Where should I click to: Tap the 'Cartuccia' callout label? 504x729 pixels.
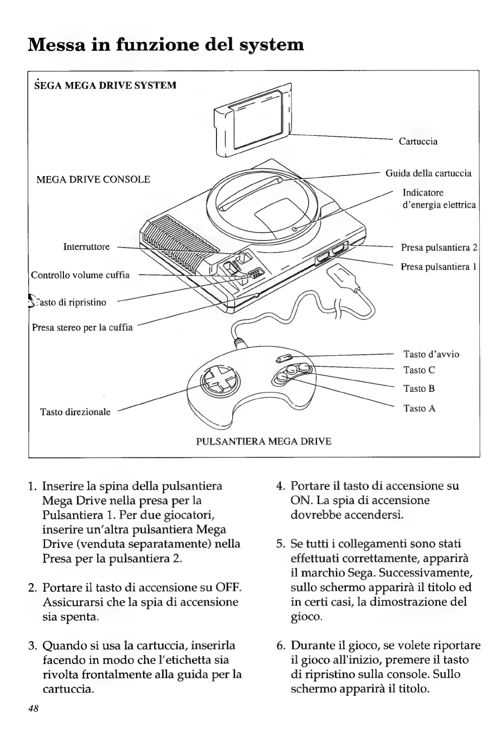click(x=418, y=141)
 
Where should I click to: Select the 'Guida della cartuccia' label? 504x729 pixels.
click(x=428, y=174)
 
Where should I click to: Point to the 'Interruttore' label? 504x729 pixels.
click(x=86, y=247)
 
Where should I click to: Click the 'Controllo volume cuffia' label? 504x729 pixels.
click(x=81, y=275)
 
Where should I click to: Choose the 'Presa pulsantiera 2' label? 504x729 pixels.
click(x=439, y=248)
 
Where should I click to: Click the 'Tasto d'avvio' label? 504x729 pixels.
click(x=431, y=354)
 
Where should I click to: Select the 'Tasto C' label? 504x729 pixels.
click(x=419, y=370)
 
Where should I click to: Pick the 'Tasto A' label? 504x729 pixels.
click(x=419, y=409)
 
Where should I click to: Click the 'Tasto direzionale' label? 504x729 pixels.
click(x=76, y=412)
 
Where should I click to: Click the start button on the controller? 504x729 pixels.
click(x=283, y=359)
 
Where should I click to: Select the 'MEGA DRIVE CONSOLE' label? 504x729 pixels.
click(x=94, y=180)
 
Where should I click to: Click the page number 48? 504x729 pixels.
click(x=33, y=708)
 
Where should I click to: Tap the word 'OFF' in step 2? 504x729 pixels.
click(x=226, y=587)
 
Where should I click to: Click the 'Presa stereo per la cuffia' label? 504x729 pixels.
click(x=82, y=328)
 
